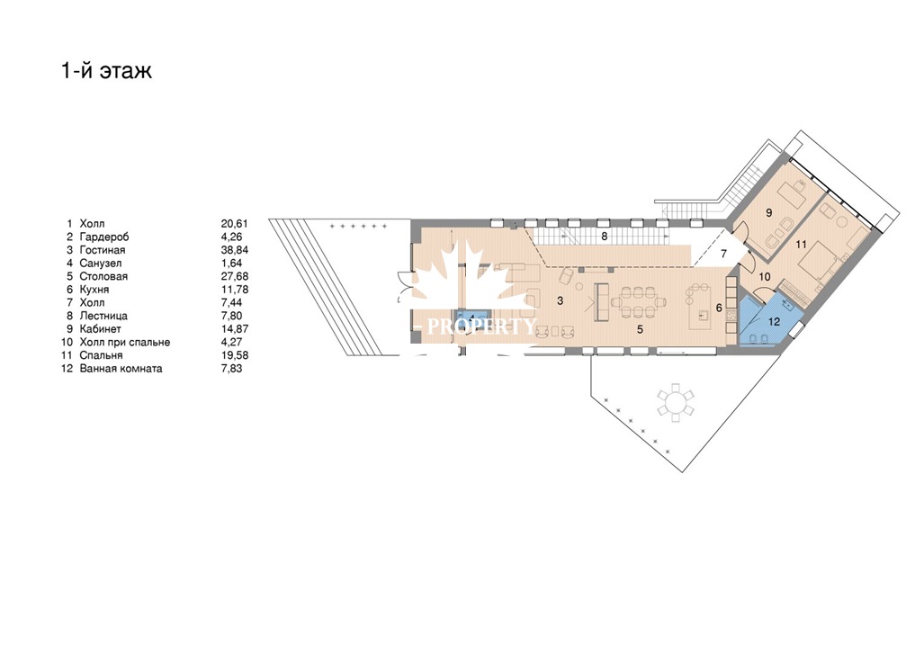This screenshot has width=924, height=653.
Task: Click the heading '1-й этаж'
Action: coord(107,70)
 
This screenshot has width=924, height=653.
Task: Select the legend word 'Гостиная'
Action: coord(103,250)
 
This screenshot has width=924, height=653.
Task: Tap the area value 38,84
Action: coord(235,250)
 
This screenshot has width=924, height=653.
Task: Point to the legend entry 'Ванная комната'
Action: coord(121,369)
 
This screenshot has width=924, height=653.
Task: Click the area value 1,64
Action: coord(231,263)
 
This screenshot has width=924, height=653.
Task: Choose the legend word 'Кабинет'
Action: coord(100,329)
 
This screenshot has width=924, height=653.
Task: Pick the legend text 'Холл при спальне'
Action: coord(125,342)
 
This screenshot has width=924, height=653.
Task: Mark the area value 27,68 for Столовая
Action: coord(235,276)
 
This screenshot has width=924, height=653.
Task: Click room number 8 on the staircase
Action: coord(604,236)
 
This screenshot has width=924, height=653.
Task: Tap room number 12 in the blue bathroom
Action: coord(774,322)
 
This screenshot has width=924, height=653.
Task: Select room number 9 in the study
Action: coord(768,213)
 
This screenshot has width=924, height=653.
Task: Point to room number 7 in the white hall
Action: coord(724,254)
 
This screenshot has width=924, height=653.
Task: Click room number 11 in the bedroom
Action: coord(801,245)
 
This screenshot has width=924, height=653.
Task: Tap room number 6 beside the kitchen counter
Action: coord(719,308)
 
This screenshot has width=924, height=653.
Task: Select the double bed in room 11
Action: coord(818,264)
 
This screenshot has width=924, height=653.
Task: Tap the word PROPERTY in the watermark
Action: coord(481,326)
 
